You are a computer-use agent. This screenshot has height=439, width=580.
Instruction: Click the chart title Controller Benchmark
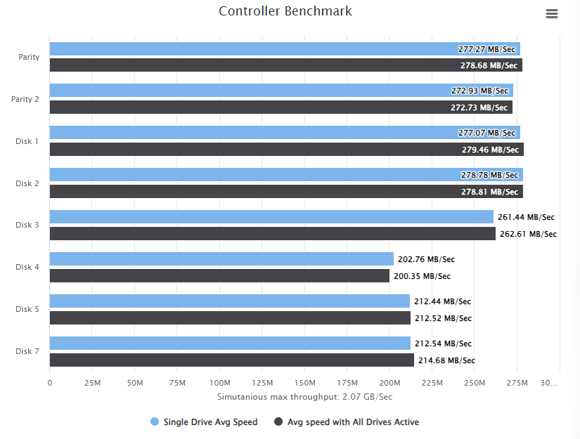pyautogui.click(x=285, y=11)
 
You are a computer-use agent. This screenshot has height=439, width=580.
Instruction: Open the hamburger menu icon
pyautogui.click(x=551, y=13)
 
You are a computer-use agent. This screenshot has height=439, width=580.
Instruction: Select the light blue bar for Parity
pyautogui.click(x=285, y=48)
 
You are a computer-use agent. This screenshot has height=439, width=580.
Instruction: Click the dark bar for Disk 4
pyautogui.click(x=219, y=275)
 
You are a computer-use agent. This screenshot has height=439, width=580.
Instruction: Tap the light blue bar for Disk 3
pyautogui.click(x=271, y=217)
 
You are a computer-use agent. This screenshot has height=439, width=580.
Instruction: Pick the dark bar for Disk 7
pyautogui.click(x=232, y=360)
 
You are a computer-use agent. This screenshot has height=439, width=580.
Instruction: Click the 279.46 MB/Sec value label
pyautogui.click(x=490, y=150)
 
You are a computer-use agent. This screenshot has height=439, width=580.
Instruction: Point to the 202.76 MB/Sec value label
pyautogui.click(x=426, y=259)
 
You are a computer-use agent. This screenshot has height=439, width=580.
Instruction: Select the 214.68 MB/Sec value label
pyautogui.click(x=446, y=360)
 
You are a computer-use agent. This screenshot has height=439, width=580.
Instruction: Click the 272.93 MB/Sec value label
pyautogui.click(x=479, y=91)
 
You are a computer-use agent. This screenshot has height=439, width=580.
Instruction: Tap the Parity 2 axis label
pyautogui.click(x=25, y=99)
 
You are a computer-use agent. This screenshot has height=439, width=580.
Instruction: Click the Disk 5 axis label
pyautogui.click(x=27, y=309)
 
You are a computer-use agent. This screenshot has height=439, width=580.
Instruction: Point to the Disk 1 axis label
pyautogui.click(x=27, y=141)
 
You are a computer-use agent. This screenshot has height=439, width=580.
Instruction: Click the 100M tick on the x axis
pyautogui.click(x=220, y=383)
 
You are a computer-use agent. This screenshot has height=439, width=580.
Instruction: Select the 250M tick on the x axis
pyautogui.click(x=475, y=383)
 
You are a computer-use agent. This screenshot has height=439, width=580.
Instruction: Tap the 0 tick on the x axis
pyautogui.click(x=50, y=383)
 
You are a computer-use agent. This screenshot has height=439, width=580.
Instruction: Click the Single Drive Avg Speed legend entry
pyautogui.click(x=204, y=421)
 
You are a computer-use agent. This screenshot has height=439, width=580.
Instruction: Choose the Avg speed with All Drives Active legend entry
pyautogui.click(x=346, y=421)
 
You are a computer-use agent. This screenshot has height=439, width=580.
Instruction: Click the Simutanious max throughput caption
pyautogui.click(x=304, y=397)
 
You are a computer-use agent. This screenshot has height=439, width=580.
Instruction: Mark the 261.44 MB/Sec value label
pyautogui.click(x=526, y=217)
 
